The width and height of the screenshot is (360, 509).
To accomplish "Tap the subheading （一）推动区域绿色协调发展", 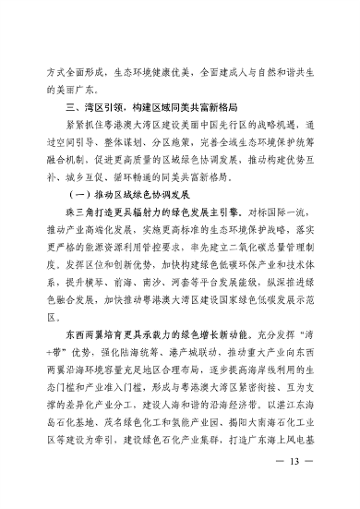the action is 127,195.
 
